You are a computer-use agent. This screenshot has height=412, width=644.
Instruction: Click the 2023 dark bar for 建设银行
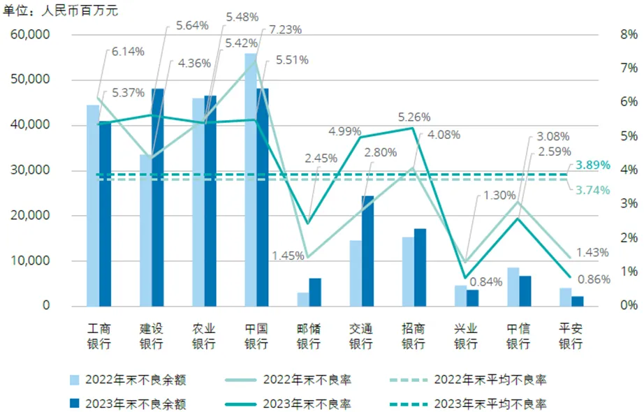coord(157,198)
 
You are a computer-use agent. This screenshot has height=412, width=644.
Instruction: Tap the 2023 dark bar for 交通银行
coord(367,251)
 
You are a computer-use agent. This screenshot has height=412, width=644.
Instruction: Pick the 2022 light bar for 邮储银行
coord(302,299)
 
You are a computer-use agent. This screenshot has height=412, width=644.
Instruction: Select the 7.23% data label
coord(286,30)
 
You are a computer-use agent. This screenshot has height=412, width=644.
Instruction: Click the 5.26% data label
coord(414,117)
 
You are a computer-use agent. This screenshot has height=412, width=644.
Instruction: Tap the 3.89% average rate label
coord(594,165)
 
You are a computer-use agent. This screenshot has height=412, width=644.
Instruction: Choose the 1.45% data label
coord(287,256)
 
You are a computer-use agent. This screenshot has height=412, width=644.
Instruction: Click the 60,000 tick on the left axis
coord(31,34)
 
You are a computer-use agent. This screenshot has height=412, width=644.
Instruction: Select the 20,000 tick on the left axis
coord(31,216)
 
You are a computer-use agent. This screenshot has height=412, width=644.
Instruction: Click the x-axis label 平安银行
coord(571,335)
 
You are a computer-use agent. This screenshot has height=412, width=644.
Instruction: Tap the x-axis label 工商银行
coord(98,335)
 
